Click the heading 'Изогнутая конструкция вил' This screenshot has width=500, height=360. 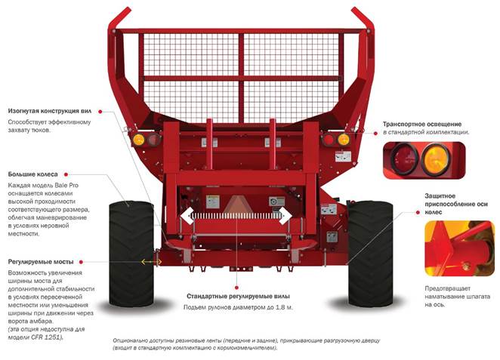[51, 109]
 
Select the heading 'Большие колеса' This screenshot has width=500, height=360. [32, 174]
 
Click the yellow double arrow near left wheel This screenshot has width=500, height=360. [151, 261]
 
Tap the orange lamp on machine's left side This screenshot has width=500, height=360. [138, 140]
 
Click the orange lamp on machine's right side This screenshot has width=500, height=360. [344, 140]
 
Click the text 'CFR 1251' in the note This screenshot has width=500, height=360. [45, 337]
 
